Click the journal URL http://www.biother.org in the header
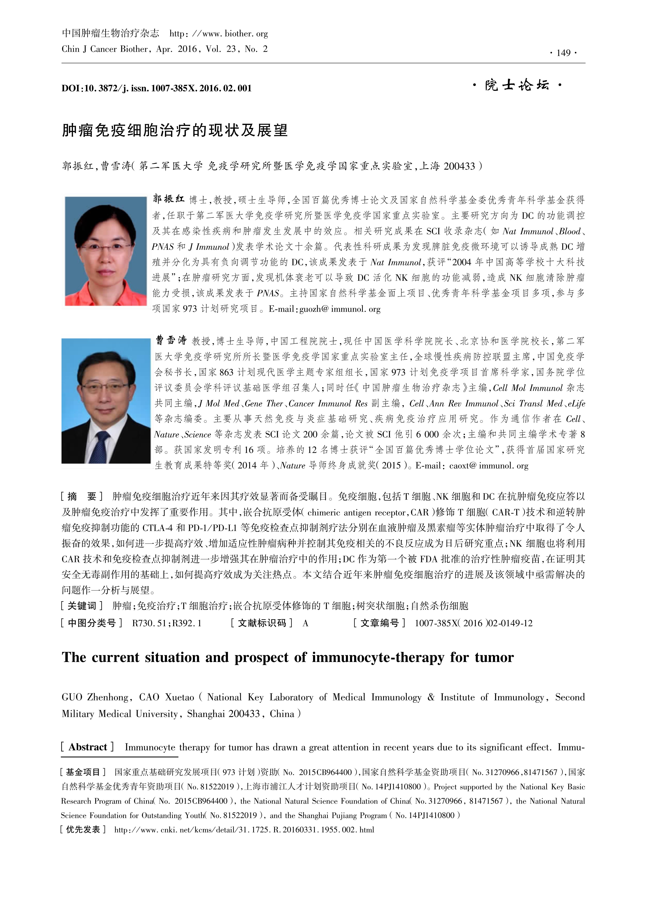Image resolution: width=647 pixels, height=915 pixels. point(218,34)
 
